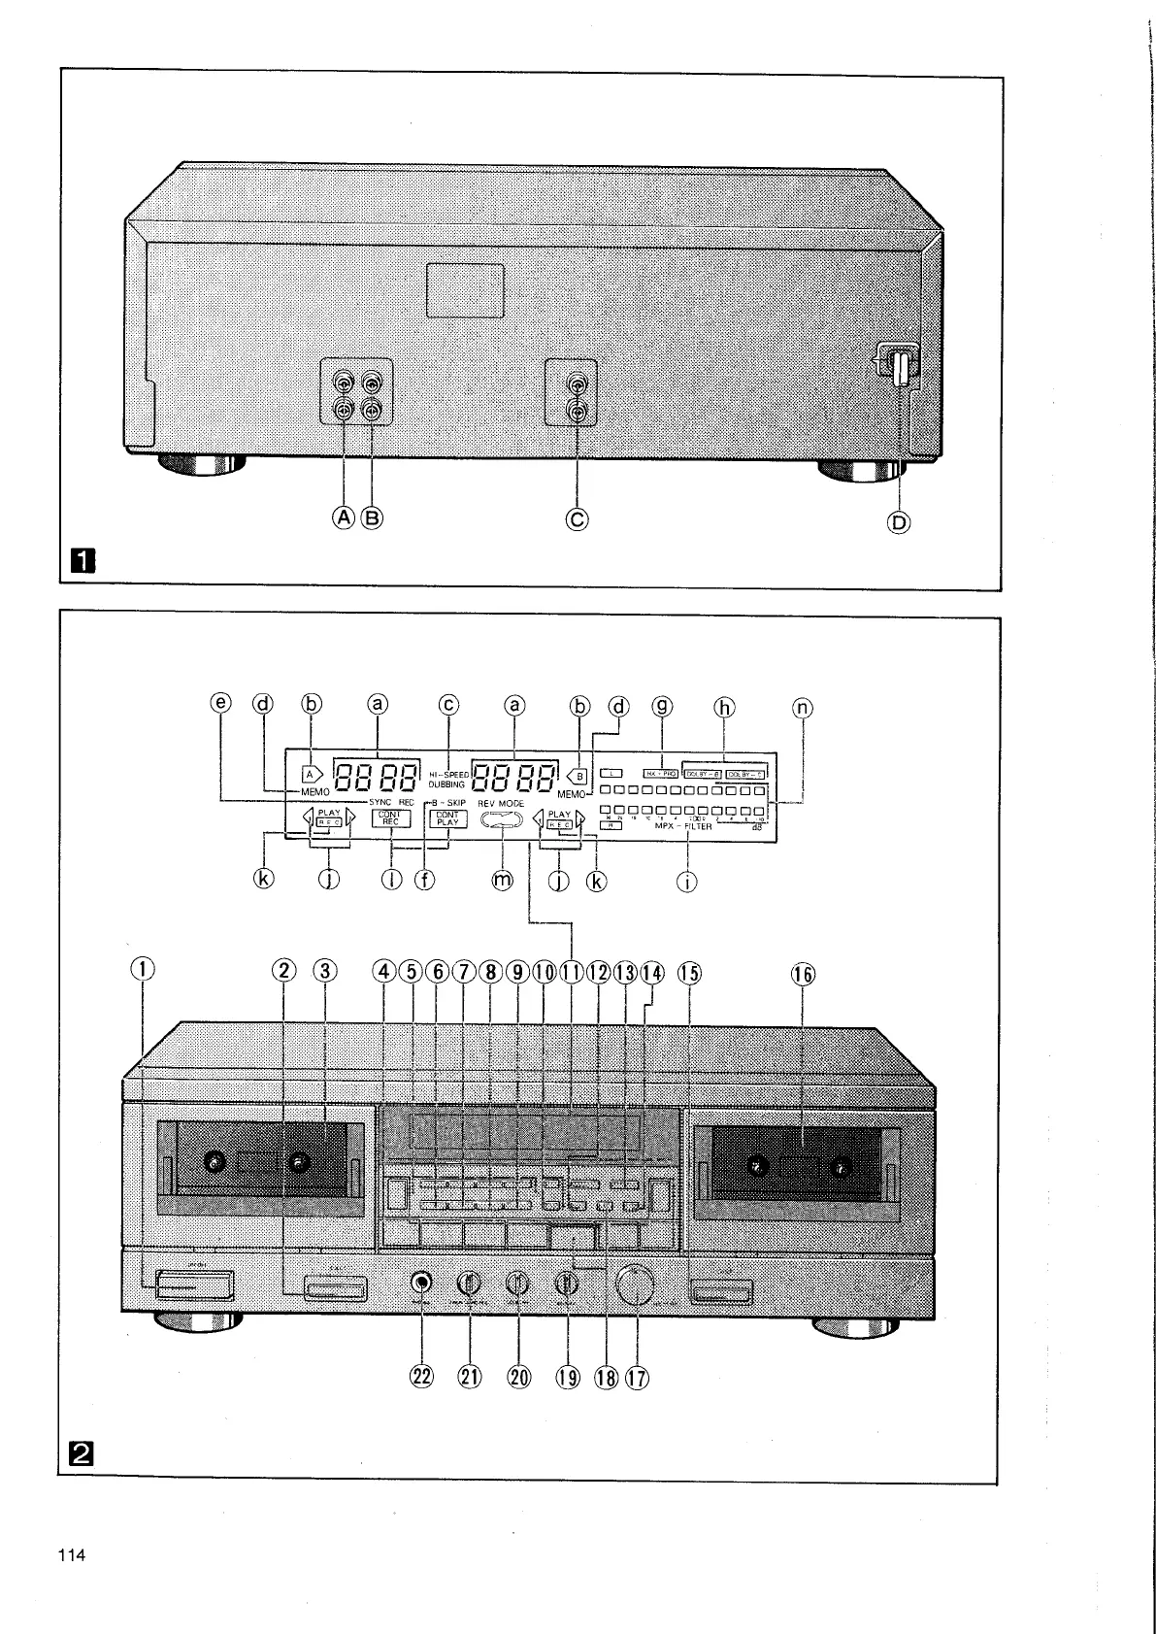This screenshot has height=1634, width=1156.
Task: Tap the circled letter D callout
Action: tap(901, 523)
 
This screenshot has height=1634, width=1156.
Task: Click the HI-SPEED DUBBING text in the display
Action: tap(448, 779)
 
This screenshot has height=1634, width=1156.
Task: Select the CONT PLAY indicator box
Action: tap(447, 818)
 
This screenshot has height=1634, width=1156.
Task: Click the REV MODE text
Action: tap(501, 805)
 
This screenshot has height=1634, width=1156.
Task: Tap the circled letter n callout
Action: tap(802, 708)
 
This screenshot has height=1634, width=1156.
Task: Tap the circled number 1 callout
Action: tap(144, 969)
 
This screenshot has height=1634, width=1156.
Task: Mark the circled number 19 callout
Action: tap(568, 1376)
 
